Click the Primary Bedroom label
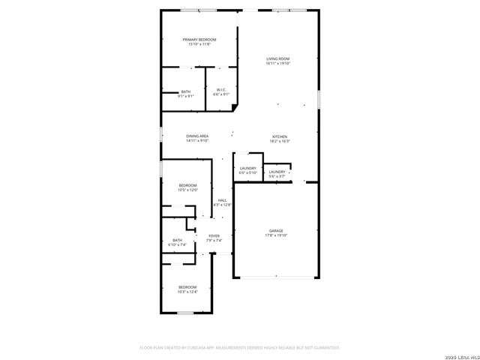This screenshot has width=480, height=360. pyautogui.click(x=199, y=39)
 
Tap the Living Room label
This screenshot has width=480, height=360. pyautogui.click(x=277, y=58)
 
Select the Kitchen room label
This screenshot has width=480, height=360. pyautogui.click(x=279, y=136)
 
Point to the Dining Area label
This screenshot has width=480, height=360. pyautogui.click(x=197, y=136)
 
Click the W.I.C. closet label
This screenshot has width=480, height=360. pyautogui.click(x=221, y=90)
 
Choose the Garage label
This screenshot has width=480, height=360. pyautogui.click(x=276, y=230)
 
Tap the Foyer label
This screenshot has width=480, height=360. pyautogui.click(x=214, y=235)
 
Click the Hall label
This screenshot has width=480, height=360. pyautogui.click(x=223, y=199)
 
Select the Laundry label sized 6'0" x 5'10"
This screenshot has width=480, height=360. pyautogui.click(x=248, y=168)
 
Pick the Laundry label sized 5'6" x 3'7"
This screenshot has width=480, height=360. pyautogui.click(x=277, y=172)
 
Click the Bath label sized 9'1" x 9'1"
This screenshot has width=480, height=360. pyautogui.click(x=185, y=91)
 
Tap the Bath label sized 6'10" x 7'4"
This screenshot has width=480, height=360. pyautogui.click(x=177, y=240)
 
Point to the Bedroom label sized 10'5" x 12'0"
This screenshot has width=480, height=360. pyautogui.click(x=187, y=185)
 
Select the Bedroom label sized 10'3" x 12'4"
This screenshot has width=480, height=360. pyautogui.click(x=187, y=287)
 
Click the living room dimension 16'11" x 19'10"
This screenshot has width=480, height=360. pyautogui.click(x=277, y=64)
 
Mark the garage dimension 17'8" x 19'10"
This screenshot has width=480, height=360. pyautogui.click(x=276, y=235)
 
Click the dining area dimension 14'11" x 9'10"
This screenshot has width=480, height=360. pyautogui.click(x=197, y=141)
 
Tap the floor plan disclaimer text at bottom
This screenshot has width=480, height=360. pyautogui.click(x=240, y=348)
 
